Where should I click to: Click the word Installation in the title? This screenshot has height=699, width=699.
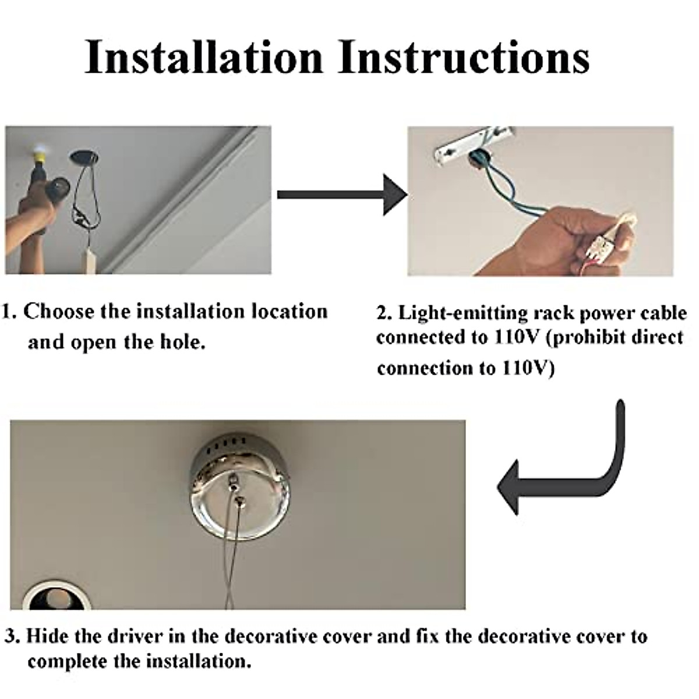[x=203, y=57]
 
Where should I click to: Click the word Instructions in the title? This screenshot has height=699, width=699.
[x=464, y=57]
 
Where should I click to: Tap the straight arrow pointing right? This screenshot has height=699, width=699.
[x=343, y=195]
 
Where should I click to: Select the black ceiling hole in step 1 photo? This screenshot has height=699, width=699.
[x=84, y=156]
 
